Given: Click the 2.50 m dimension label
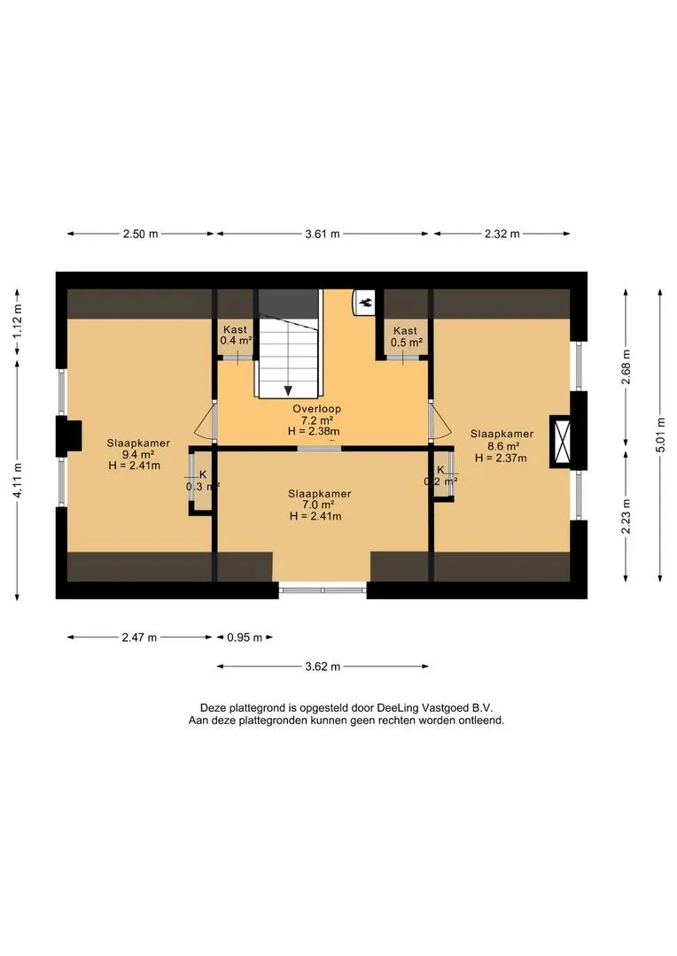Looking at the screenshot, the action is pyautogui.click(x=140, y=234).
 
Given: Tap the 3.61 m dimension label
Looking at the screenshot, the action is pyautogui.click(x=323, y=234).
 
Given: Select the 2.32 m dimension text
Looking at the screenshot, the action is pyautogui.click(x=502, y=234).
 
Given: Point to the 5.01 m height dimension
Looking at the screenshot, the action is pyautogui.click(x=660, y=434).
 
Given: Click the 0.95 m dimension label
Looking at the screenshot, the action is pyautogui.click(x=245, y=637).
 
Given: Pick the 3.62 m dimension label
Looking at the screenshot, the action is pyautogui.click(x=323, y=667).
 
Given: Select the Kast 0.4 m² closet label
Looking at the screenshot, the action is pyautogui.click(x=236, y=335).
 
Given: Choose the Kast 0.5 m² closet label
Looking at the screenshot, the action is pyautogui.click(x=406, y=336).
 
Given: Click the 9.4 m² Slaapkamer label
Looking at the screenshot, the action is pyautogui.click(x=138, y=454).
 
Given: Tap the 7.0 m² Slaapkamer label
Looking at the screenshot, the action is pyautogui.click(x=319, y=505).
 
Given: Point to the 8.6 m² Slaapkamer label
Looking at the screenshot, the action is pyautogui.click(x=502, y=445).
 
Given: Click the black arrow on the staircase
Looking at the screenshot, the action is pyautogui.click(x=287, y=390).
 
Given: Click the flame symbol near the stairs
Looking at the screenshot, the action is pyautogui.click(x=366, y=301).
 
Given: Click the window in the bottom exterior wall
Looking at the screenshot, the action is pyautogui.click(x=323, y=590).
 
